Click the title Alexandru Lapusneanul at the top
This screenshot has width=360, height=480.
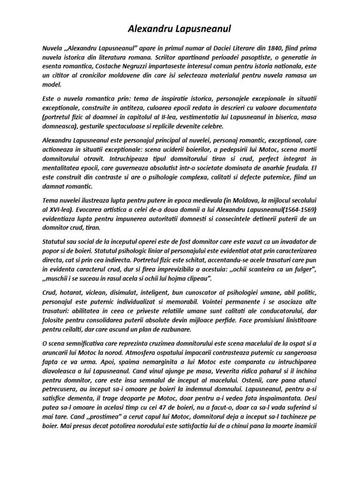click(x=180, y=30)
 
